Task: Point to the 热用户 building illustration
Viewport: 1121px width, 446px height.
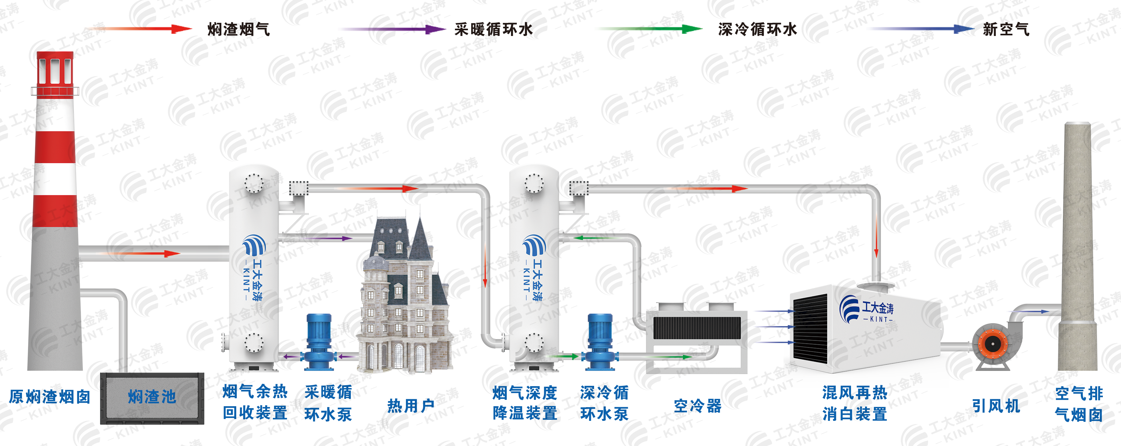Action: point(405,300)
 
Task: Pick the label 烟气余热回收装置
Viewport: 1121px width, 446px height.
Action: point(255,402)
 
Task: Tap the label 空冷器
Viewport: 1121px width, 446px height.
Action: point(698,406)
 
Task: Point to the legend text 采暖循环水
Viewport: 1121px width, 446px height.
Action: point(493,30)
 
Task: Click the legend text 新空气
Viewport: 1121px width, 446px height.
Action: point(1006,30)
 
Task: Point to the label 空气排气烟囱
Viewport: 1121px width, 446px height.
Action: point(1079,404)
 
